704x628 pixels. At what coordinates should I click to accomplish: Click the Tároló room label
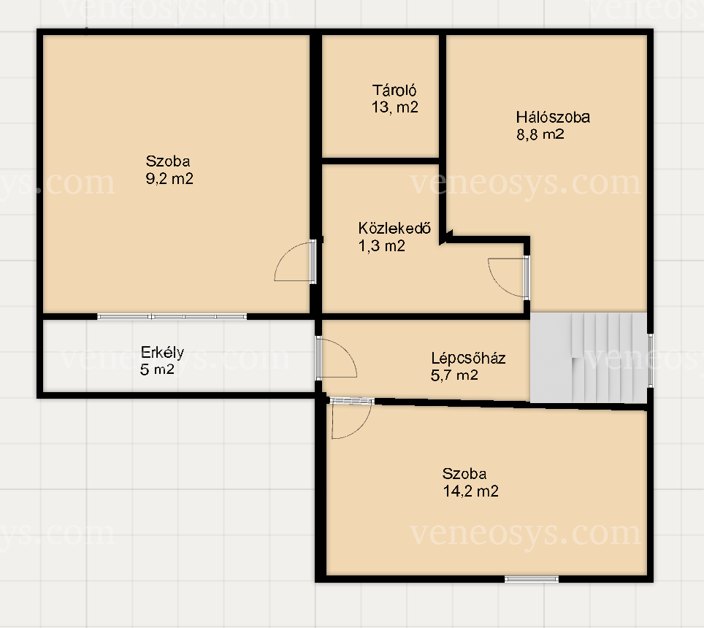(394, 91)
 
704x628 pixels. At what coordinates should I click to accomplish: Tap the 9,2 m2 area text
(169, 179)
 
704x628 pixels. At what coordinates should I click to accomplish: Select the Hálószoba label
(553, 117)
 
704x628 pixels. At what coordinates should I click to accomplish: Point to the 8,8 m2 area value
(540, 134)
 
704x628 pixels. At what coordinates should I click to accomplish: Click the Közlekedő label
(394, 228)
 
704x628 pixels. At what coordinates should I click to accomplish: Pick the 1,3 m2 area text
(382, 245)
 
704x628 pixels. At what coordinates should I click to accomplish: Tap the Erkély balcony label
(162, 353)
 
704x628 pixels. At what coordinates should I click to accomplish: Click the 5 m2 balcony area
(157, 369)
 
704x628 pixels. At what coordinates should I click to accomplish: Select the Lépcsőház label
(468, 358)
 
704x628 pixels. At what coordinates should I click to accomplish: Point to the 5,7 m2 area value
(454, 375)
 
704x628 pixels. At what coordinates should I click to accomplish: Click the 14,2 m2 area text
(470, 491)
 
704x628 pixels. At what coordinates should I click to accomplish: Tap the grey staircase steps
(589, 358)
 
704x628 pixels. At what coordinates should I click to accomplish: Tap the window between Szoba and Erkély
(172, 316)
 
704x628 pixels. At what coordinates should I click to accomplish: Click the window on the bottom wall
(532, 579)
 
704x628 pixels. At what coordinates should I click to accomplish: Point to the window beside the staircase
(650, 359)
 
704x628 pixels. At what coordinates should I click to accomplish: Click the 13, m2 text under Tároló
(394, 107)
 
